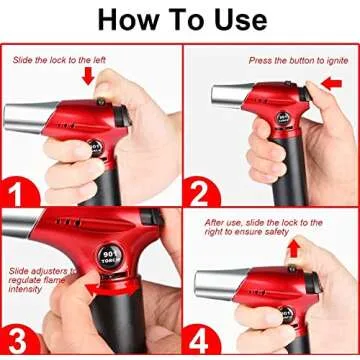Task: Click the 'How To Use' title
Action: click(180, 19)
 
